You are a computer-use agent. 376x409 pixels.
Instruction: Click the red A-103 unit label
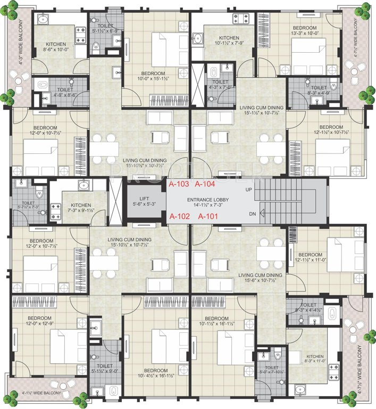point(178,184)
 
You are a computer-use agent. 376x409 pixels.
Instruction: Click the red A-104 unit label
point(205,184)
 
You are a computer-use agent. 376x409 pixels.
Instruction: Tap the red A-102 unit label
point(179,217)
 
